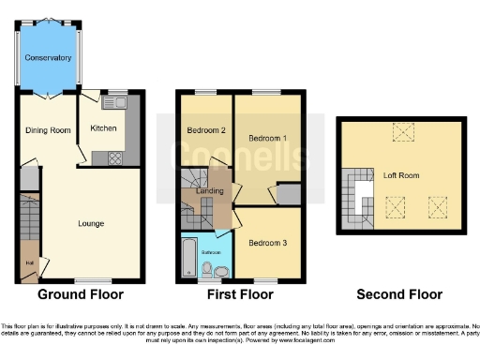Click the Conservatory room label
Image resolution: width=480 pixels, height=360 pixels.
tap(48, 58)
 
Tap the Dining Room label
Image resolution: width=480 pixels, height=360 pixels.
tap(48, 130)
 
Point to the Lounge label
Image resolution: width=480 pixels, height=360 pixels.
tap(91, 223)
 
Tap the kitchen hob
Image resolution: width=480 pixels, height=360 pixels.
tap(115, 157)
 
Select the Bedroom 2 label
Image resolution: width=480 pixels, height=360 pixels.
tap(206, 129)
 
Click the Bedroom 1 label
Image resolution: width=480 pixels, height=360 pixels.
tap(267, 138)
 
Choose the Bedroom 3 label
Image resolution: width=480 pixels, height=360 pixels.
tap(267, 243)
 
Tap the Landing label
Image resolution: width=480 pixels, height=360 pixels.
tap(208, 192)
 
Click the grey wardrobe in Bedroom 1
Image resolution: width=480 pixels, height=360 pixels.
tap(288, 194)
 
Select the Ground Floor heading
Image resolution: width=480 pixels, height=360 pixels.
tap(81, 294)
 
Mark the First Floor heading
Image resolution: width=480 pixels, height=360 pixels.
tap(238, 294)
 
